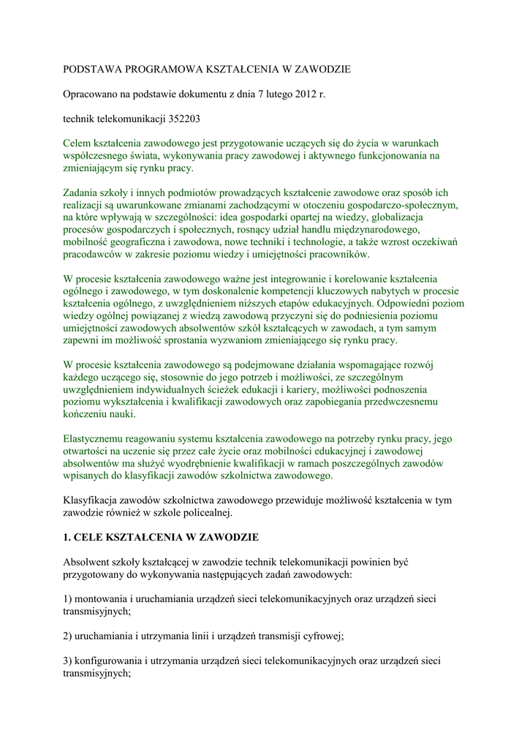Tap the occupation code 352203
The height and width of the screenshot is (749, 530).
[179, 118]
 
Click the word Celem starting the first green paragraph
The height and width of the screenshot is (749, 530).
[79, 143]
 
